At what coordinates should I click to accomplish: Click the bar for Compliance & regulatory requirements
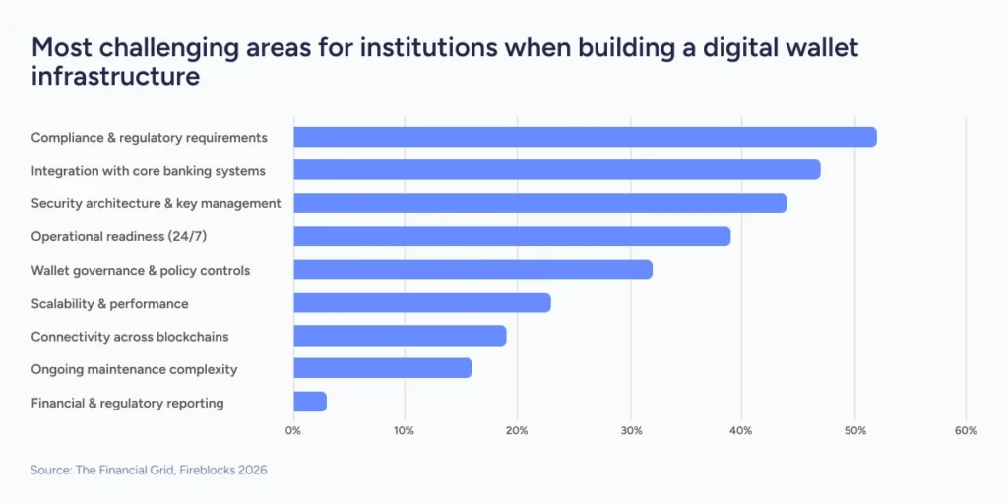[585, 137]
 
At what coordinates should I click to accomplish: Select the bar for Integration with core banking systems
[556, 170]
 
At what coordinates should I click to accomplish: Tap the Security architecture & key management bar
[539, 203]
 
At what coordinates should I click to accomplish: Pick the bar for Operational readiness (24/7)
[512, 236]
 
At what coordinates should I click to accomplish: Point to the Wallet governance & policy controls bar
[472, 270]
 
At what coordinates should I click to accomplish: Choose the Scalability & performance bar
[422, 303]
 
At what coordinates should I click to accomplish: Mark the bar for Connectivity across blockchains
[400, 336]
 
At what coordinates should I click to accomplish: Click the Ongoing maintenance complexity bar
[382, 368]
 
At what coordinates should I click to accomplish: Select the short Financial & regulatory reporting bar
[310, 402]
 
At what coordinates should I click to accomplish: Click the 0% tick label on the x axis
[293, 430]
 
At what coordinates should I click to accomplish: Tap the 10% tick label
[404, 430]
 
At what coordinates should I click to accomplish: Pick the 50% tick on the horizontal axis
[854, 430]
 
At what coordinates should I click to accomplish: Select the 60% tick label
[966, 430]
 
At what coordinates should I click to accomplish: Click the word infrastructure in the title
[116, 76]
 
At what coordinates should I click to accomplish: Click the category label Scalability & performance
[109, 303]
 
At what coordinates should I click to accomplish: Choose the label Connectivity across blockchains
[130, 337]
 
